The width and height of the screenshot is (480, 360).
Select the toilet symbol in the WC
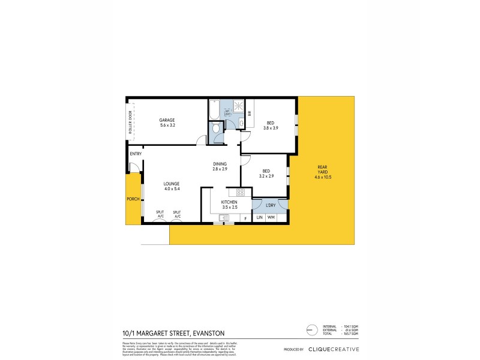click(216, 130)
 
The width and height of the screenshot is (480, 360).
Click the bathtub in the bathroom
click(214, 111)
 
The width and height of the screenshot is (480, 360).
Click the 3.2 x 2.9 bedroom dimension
click(266, 176)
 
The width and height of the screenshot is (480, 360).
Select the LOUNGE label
click(172, 184)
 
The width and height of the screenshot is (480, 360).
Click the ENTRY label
click(136, 154)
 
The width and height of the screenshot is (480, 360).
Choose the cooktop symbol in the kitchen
click(240, 193)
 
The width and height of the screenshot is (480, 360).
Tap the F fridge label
click(245, 217)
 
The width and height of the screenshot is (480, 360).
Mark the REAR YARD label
click(324, 172)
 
